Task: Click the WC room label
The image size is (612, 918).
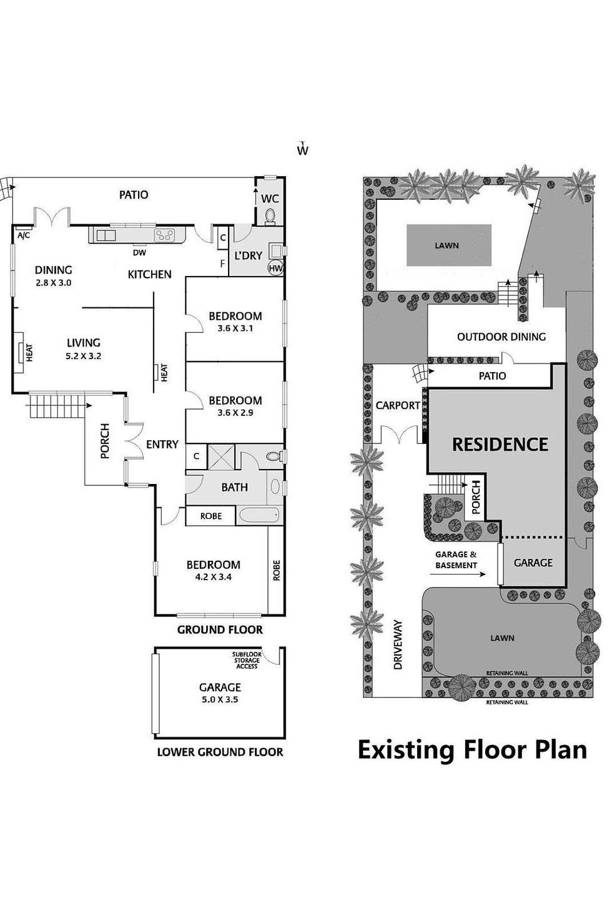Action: (270, 199)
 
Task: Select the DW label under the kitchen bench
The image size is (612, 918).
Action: (140, 253)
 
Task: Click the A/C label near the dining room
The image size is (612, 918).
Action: (23, 235)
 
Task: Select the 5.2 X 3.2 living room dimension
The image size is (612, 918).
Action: (83, 357)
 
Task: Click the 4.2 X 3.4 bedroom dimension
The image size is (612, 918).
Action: (213, 577)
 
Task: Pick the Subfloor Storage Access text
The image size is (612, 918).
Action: (246, 660)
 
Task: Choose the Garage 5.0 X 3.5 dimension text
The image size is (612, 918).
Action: (219, 699)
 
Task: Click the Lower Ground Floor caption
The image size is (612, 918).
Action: (220, 752)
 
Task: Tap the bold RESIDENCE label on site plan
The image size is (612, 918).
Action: (500, 445)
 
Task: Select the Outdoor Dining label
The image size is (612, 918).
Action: (501, 337)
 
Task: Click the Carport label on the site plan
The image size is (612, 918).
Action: (398, 405)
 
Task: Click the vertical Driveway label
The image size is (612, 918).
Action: (398, 644)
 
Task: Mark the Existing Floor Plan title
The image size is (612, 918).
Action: (472, 749)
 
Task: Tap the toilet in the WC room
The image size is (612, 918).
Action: (270, 216)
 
